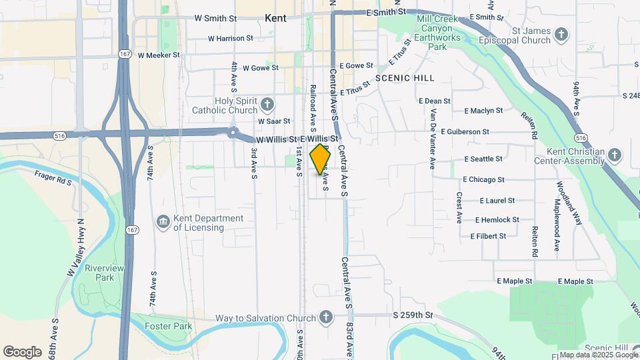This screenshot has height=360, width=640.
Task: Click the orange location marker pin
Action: tap(321, 159)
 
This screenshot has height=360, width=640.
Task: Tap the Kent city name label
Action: tap(275, 19)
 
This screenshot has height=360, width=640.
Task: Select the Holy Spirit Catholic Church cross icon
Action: tap(267, 104)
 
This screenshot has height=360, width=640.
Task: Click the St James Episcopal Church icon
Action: tap(561, 33)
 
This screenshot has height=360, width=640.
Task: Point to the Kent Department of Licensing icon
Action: tap(163, 222)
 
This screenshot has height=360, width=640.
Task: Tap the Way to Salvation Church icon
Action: tap(325, 317)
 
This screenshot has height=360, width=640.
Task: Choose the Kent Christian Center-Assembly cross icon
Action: tap(614, 155)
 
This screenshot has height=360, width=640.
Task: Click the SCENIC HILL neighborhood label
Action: tap(405, 78)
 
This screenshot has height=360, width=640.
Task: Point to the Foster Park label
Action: tap(169, 326)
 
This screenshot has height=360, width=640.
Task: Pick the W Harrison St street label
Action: tap(231, 39)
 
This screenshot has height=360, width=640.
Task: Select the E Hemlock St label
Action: tap(497, 219)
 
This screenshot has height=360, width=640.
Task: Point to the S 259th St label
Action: tap(413, 315)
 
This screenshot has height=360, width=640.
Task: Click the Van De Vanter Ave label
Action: tap(432, 139)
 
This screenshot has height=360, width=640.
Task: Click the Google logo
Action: tap(22, 351)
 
